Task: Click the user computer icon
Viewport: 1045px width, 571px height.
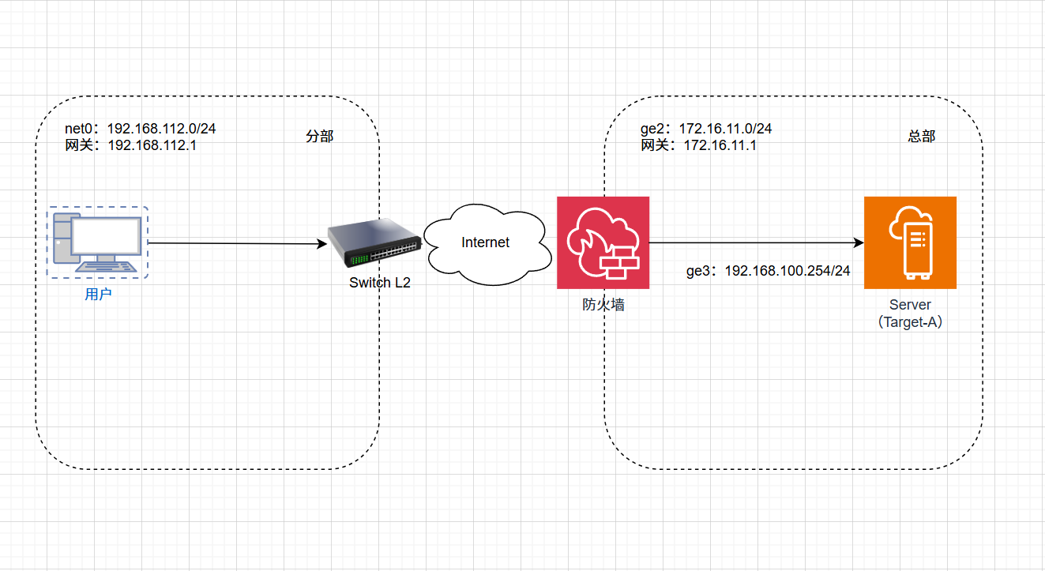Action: pos(98,242)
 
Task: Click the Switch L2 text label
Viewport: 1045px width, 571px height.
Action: pos(380,283)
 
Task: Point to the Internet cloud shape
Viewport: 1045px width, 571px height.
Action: pos(486,243)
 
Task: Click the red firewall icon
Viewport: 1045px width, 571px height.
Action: pos(603,242)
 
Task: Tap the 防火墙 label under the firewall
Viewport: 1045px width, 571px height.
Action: pos(603,304)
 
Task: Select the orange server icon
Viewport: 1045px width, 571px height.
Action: pos(910,242)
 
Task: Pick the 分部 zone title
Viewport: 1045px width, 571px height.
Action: pos(320,137)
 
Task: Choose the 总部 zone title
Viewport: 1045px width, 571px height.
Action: pos(922,137)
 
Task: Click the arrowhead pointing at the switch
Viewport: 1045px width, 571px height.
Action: pos(322,244)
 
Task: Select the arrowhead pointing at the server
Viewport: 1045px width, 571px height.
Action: pos(858,242)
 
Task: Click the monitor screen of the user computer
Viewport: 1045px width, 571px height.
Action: pos(106,235)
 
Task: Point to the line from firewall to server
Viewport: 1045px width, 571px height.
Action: pos(750,242)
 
